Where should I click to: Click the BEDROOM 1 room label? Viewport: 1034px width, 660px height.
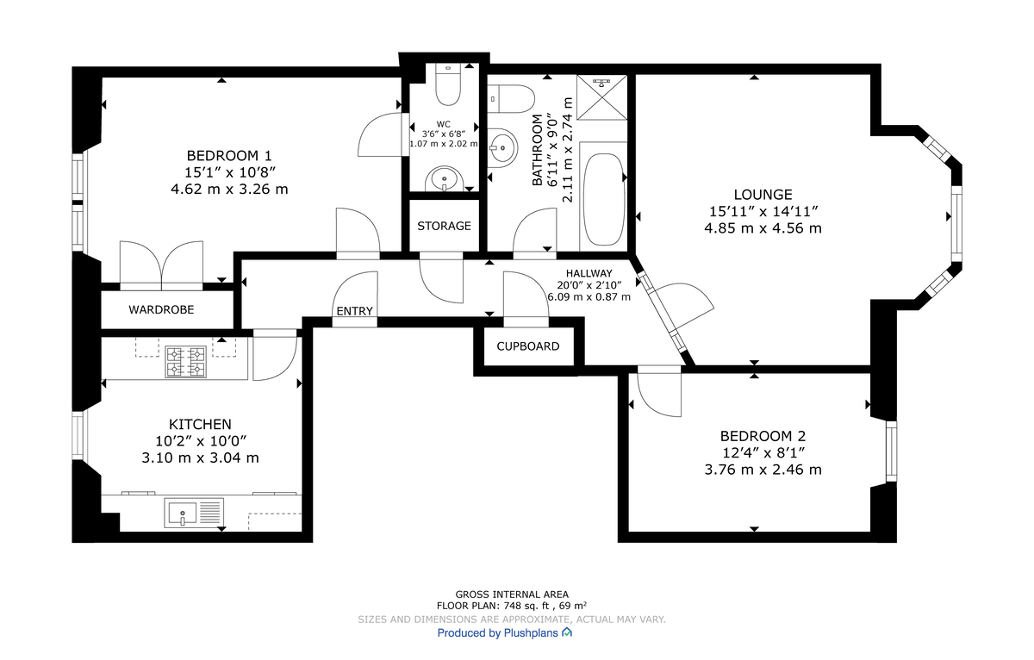tap(229, 156)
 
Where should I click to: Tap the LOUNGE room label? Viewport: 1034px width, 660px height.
tap(763, 195)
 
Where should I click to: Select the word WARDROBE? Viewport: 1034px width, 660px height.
tap(161, 309)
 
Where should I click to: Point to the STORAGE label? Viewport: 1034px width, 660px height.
tap(444, 226)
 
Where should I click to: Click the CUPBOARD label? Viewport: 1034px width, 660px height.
tap(527, 346)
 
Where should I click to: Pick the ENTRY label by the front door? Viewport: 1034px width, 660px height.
tap(355, 311)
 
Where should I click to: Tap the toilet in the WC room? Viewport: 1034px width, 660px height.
tap(448, 84)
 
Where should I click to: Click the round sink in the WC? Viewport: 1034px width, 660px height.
tap(445, 178)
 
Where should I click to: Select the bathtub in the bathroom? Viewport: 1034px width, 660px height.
tap(604, 199)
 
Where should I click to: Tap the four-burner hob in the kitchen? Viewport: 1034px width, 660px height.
tap(186, 361)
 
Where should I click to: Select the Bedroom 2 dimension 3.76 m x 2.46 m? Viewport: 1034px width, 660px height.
tap(763, 470)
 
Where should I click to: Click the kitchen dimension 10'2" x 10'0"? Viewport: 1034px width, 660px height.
tap(200, 441)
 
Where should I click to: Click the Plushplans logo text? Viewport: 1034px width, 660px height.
tap(505, 632)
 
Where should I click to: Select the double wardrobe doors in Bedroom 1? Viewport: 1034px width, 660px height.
tap(161, 264)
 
